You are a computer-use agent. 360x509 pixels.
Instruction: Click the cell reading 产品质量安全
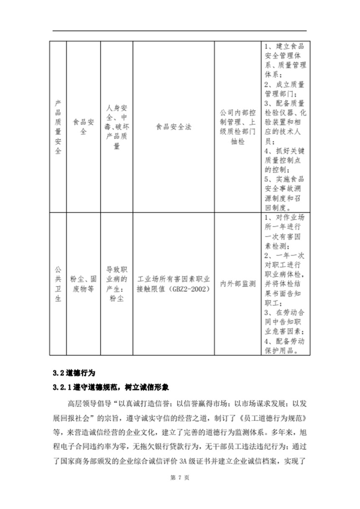click(x=58, y=127)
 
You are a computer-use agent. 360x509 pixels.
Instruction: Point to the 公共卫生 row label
click(x=58, y=284)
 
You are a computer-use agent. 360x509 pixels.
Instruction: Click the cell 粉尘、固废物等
click(x=82, y=284)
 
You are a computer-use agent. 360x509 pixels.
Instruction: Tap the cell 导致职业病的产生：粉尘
click(x=116, y=284)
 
